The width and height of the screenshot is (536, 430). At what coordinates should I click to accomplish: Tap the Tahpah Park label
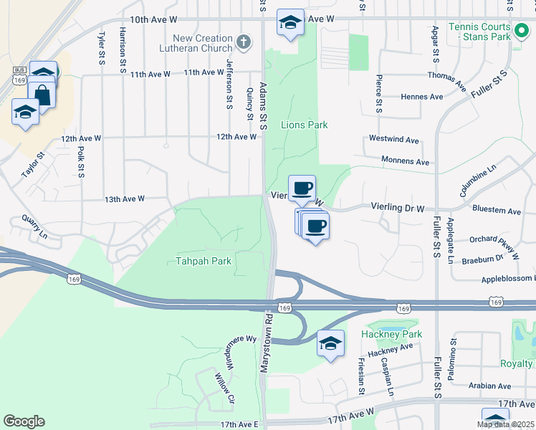[x=204, y=261]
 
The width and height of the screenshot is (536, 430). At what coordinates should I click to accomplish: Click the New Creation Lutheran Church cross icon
[x=244, y=41]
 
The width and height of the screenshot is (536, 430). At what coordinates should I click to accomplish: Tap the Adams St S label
[x=264, y=105]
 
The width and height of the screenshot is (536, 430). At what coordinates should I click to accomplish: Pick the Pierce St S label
[x=378, y=94]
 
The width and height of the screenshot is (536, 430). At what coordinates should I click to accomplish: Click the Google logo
[x=24, y=421]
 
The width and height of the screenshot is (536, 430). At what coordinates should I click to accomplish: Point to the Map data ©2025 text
[x=505, y=424]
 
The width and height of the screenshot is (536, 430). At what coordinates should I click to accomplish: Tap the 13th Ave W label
[x=125, y=199]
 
